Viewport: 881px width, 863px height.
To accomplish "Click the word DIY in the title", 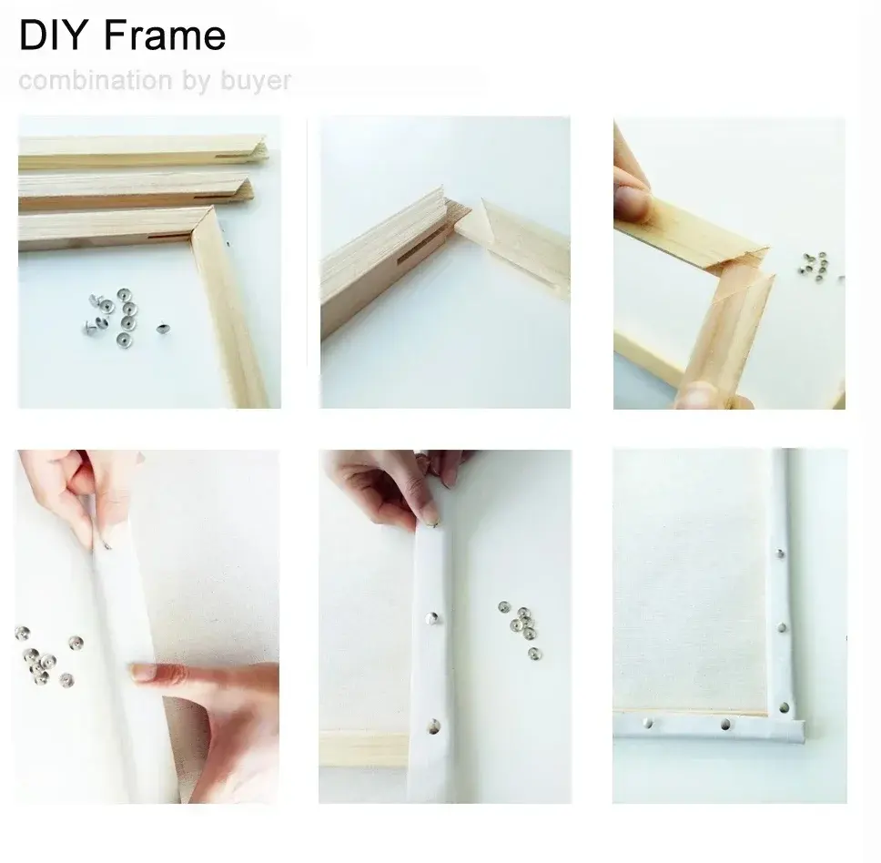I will (x=54, y=36).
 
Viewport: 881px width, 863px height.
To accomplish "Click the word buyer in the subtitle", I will (x=255, y=80).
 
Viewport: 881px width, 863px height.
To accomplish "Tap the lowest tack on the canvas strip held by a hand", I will (x=432, y=726).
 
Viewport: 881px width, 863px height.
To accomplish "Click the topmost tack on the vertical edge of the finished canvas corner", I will (x=780, y=553).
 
